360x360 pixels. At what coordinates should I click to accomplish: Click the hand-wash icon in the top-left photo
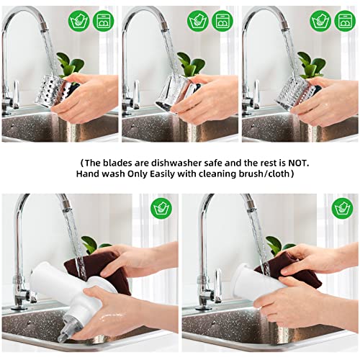point(78,21)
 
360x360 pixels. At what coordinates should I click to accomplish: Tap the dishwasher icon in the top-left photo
point(104,21)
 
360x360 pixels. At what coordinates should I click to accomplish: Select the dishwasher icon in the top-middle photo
point(222,21)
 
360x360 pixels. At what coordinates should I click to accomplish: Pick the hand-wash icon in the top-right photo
point(320,21)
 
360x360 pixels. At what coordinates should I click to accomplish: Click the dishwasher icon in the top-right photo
point(345,21)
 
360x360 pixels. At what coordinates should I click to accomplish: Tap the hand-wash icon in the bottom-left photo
point(161,208)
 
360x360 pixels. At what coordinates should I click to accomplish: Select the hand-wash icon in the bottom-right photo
point(342,208)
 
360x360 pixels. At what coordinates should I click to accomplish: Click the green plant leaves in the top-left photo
point(71,64)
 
